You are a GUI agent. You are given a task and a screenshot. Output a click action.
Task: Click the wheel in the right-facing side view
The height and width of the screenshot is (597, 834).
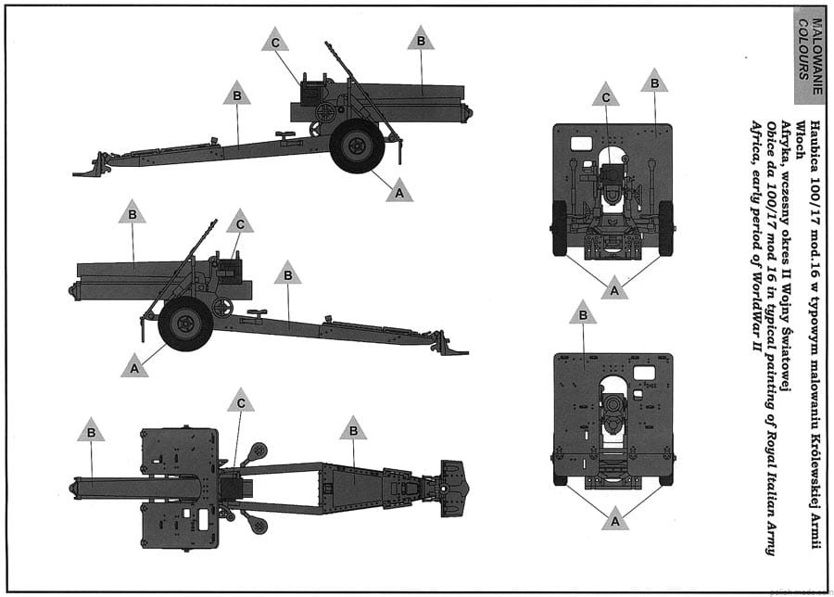click(357, 146)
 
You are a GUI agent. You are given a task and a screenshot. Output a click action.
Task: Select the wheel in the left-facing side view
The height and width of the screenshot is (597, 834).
click(185, 324)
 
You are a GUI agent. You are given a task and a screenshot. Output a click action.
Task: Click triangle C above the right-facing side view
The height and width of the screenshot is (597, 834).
click(275, 39)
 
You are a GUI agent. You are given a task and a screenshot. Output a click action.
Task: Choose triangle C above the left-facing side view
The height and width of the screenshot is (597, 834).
click(240, 222)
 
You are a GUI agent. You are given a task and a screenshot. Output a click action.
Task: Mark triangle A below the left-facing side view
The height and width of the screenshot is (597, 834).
click(134, 365)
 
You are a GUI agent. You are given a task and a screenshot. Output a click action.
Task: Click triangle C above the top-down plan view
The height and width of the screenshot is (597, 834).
click(240, 400)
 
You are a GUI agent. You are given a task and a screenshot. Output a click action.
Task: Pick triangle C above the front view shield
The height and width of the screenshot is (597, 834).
click(606, 95)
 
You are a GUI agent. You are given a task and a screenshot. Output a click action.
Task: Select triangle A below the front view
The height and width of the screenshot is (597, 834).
click(615, 288)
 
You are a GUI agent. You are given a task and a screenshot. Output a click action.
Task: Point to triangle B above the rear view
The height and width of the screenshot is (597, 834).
click(583, 311)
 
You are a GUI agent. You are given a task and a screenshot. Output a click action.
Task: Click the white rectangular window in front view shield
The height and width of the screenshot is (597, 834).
click(581, 144)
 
